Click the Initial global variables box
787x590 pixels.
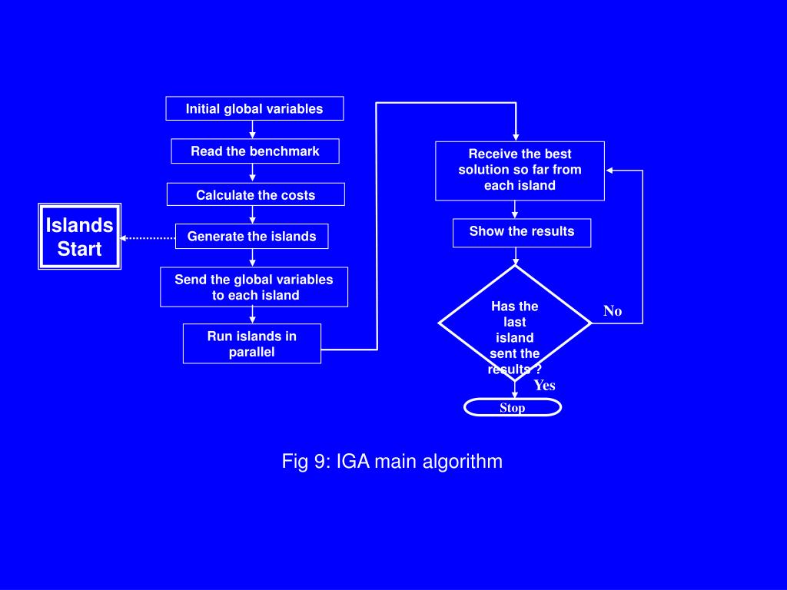point(254,108)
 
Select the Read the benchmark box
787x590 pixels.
point(254,151)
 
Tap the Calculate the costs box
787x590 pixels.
point(255,194)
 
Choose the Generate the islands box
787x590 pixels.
point(251,236)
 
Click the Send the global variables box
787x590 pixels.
point(254,287)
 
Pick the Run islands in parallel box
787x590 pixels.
point(251,343)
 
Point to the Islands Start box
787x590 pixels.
point(79,237)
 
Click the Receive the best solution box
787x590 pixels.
point(520,170)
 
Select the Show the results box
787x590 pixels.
point(521,232)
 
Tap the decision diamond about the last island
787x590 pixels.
point(514,323)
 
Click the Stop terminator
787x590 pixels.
point(512,407)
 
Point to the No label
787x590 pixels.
point(613,311)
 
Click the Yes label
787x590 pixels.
point(544,386)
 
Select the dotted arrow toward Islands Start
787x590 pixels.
point(148,238)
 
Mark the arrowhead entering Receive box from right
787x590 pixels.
point(609,171)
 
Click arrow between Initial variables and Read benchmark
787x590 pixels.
point(252,130)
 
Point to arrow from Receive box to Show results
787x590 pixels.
point(516,210)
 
